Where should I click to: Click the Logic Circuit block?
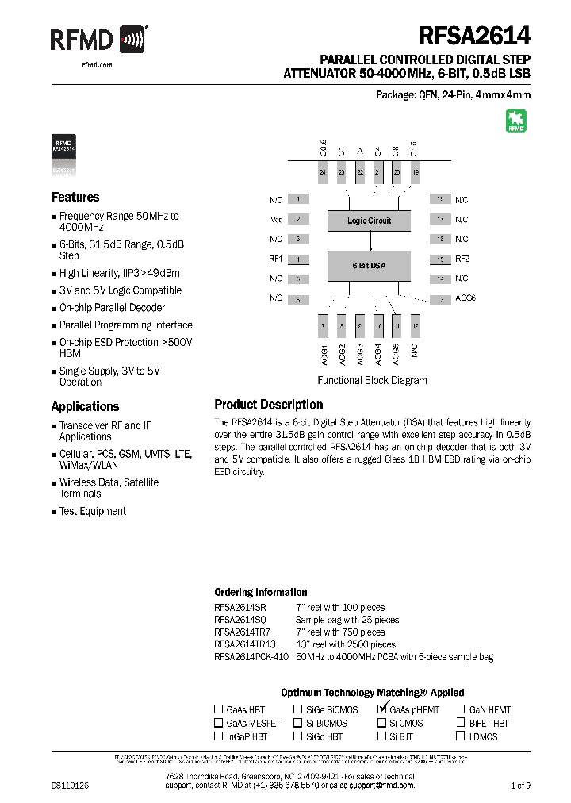pyautogui.click(x=369, y=221)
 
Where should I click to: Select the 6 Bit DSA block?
pyautogui.click(x=369, y=265)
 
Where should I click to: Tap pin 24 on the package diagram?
pyautogui.click(x=323, y=172)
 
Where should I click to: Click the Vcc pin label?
pyautogui.click(x=276, y=220)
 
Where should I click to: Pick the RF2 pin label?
pyautogui.click(x=462, y=259)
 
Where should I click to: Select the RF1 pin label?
pyautogui.click(x=276, y=259)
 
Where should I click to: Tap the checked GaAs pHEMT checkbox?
pyautogui.click(x=382, y=709)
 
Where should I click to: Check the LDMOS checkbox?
pyautogui.click(x=461, y=736)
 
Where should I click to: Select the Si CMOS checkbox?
pyautogui.click(x=381, y=723)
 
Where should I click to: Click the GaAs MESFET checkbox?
pyautogui.click(x=218, y=723)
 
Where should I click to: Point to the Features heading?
pyautogui.click(x=75, y=198)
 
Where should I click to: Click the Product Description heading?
pyautogui.click(x=268, y=405)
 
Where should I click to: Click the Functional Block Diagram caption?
pyautogui.click(x=372, y=380)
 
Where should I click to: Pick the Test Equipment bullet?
pyautogui.click(x=92, y=512)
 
